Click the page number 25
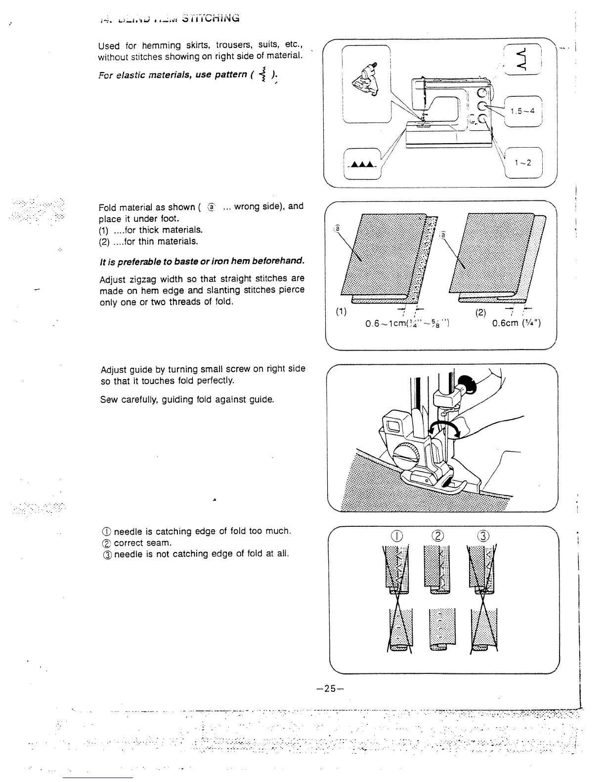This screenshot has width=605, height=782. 331,688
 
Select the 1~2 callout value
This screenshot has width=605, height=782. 523,163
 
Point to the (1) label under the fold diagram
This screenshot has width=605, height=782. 341,312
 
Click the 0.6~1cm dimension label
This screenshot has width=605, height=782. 406,324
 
